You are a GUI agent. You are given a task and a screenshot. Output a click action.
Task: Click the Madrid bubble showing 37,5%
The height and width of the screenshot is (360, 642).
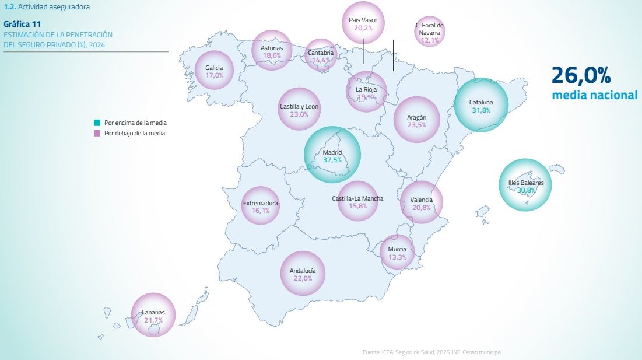tap(332, 155)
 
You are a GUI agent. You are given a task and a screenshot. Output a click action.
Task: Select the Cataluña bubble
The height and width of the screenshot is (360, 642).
tap(481, 106)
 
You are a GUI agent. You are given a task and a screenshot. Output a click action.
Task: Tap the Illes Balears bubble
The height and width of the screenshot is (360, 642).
tap(525, 186)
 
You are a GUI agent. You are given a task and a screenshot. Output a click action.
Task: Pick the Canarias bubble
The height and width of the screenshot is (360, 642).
tap(153, 316)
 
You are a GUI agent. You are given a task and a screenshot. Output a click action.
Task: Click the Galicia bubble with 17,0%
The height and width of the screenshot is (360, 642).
tap(214, 71)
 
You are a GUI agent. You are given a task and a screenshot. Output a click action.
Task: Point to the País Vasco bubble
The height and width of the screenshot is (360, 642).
tap(363, 23)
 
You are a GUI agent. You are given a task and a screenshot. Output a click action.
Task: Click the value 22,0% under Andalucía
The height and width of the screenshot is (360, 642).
tap(302, 279)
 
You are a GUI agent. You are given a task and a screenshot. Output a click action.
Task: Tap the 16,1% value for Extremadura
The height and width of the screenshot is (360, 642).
tap(260, 211)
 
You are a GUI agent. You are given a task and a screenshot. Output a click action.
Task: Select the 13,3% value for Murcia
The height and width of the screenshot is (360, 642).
tap(397, 257)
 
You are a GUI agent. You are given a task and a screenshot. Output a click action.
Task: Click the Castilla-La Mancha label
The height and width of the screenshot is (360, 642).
tap(358, 198)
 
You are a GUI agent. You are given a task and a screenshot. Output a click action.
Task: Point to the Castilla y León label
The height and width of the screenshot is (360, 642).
tap(299, 107)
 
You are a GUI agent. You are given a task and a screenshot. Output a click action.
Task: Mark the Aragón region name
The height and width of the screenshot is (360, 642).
tap(416, 117)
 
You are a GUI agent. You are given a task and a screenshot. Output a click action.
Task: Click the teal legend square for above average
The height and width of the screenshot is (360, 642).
tap(97, 123)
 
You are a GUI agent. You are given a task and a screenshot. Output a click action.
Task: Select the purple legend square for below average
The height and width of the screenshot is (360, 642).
tap(97, 133)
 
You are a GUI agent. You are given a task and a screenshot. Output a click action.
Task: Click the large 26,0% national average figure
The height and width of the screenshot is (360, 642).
tap(581, 75)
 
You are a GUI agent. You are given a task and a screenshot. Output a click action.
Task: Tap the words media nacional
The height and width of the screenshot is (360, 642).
tap(595, 95)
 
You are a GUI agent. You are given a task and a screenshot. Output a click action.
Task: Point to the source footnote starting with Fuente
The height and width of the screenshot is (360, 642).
tap(431, 352)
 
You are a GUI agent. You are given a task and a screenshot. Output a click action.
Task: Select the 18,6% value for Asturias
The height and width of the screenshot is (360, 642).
tap(272, 55)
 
